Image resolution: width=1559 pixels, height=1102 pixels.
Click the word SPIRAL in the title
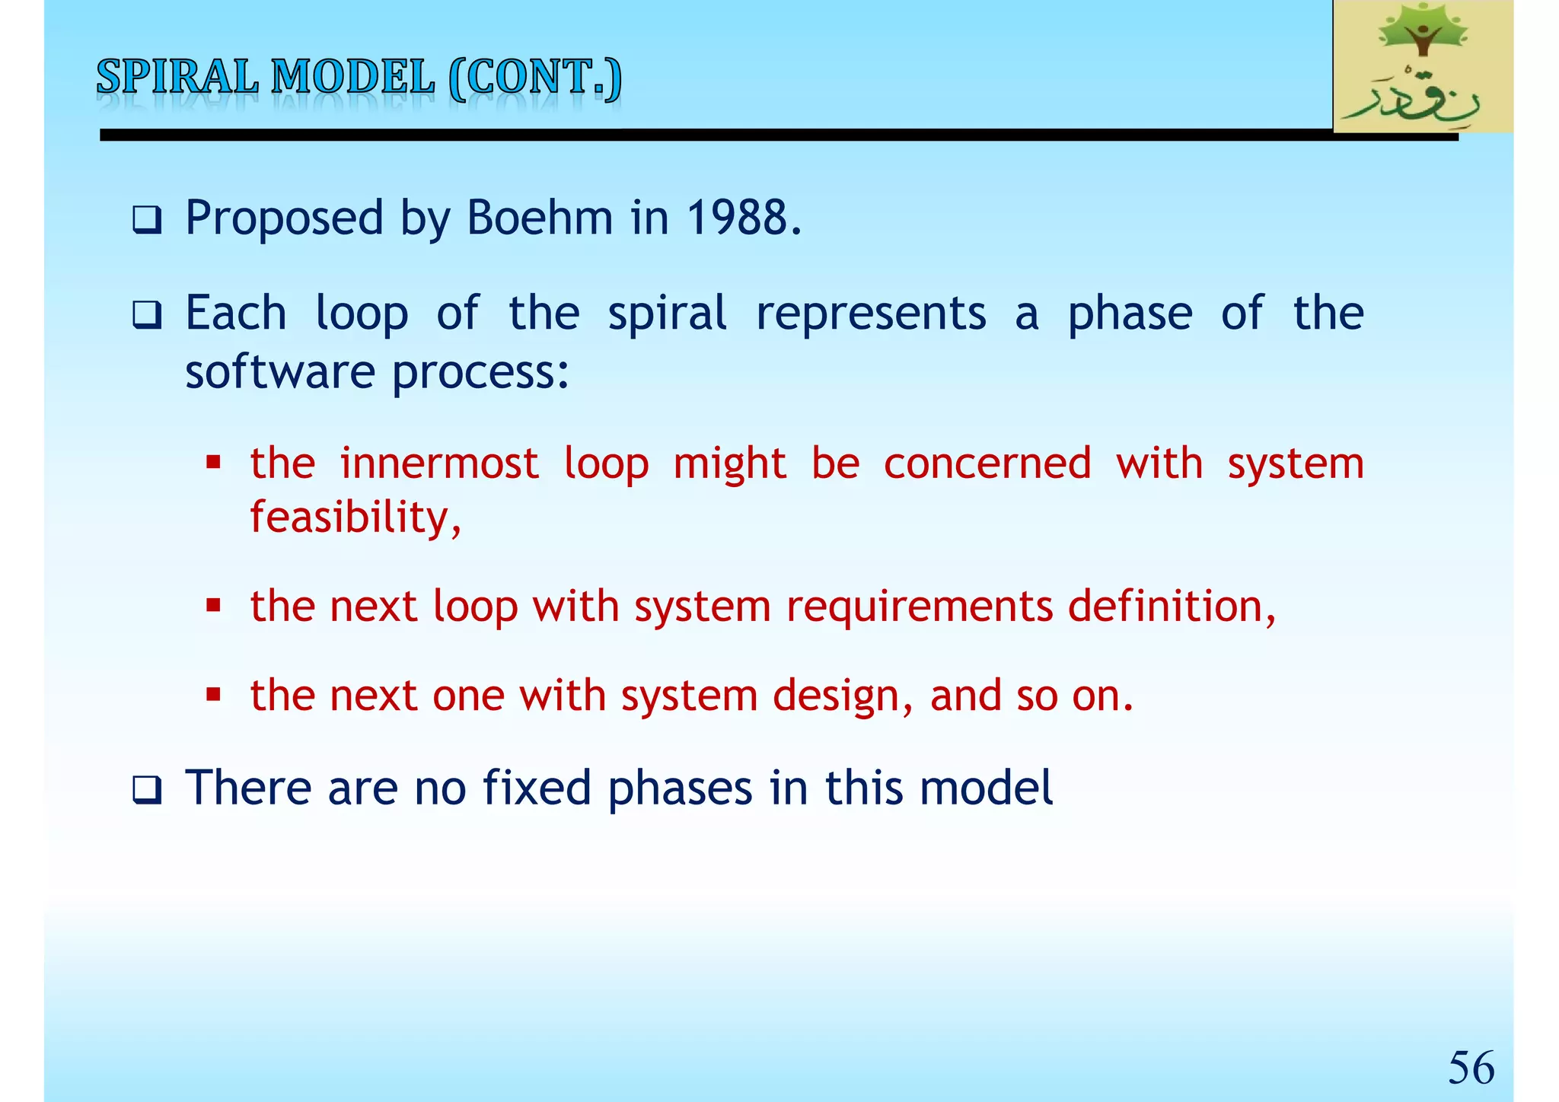point(177,78)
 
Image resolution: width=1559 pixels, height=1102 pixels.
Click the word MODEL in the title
point(353,78)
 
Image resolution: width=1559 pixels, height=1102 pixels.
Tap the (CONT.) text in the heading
point(535,78)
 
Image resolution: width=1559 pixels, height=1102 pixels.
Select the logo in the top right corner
point(1423,67)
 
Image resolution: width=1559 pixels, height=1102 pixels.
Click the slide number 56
point(1471,1067)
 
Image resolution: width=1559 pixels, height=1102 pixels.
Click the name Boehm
point(539,218)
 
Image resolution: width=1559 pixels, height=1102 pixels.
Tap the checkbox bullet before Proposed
point(147,221)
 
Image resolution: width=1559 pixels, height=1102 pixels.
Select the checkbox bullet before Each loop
point(147,315)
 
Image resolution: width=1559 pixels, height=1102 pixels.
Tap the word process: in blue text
point(480,373)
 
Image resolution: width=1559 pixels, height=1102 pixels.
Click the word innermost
point(439,463)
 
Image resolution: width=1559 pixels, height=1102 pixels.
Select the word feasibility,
point(355,518)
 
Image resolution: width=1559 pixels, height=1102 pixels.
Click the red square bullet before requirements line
point(214,607)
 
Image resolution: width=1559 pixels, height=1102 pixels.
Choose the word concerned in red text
point(987,463)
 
